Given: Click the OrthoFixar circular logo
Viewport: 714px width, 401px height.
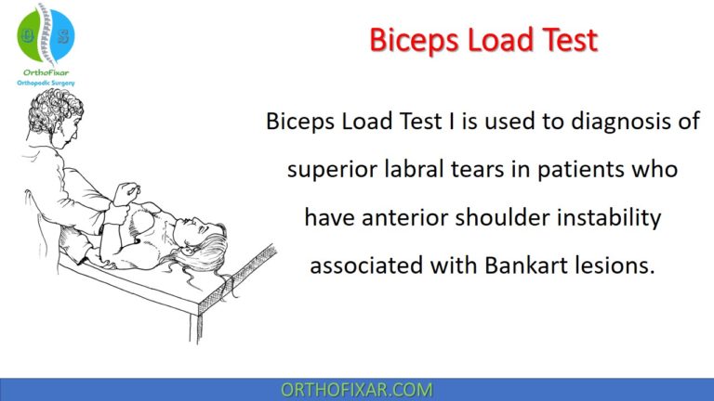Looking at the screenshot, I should (x=46, y=33).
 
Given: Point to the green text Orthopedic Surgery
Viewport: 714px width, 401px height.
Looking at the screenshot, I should (x=46, y=83).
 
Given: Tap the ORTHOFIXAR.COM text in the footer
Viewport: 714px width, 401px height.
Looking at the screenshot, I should (x=356, y=388).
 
